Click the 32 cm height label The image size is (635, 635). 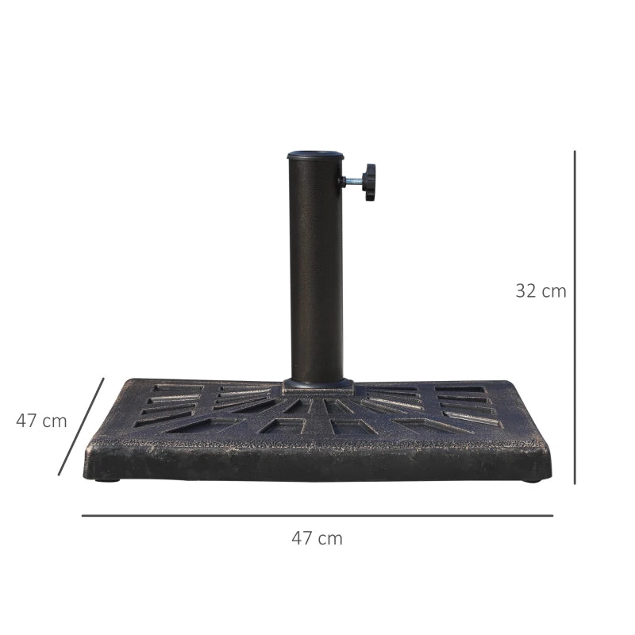coord(541,291)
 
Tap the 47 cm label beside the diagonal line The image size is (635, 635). coord(41,421)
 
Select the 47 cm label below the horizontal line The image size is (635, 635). coord(317,538)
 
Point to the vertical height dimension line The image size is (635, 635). coord(575,317)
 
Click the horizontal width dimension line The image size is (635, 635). coord(317,515)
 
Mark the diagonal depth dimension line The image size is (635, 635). coord(81,426)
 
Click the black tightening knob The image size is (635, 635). coord(368,182)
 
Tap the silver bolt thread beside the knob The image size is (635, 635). coord(351,182)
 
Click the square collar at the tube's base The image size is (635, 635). coord(317,387)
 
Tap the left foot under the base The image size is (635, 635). coord(107,479)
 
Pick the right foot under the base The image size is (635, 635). coord(531,479)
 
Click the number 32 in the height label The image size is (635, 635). coord(526,291)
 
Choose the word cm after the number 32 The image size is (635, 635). coord(554,291)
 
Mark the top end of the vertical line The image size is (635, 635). coord(575,152)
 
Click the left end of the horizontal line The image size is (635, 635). coord(83,515)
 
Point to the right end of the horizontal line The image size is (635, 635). coord(552,515)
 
